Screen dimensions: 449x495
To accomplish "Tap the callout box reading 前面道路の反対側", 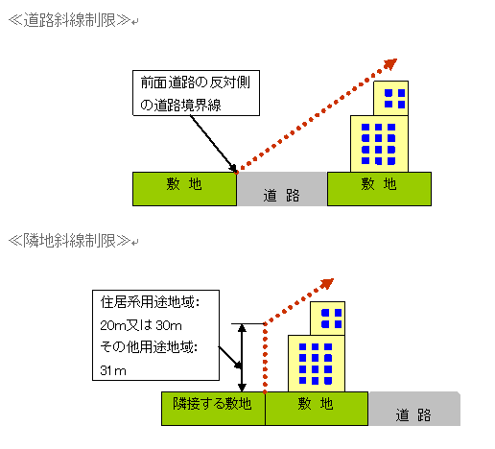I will [x=196, y=93].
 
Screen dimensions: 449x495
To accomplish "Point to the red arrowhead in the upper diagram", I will [x=389, y=64].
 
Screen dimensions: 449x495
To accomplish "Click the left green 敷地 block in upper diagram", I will [x=184, y=189].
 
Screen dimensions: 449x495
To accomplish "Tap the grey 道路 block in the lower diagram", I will [x=413, y=411].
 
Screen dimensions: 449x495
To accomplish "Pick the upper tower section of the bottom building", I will [x=329, y=318].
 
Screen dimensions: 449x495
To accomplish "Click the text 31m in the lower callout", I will [x=113, y=370].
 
